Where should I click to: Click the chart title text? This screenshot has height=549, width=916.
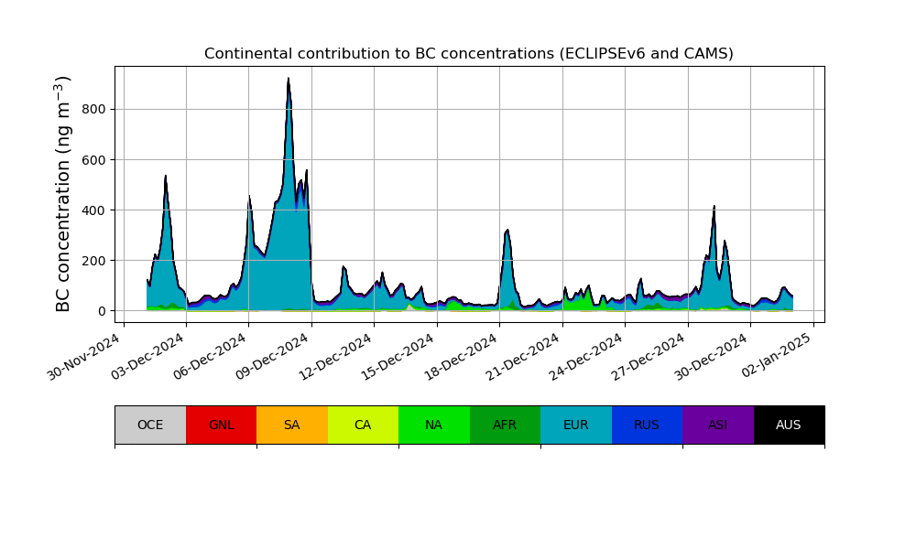pos(468,54)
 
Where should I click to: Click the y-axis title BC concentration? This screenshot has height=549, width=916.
pos(63,194)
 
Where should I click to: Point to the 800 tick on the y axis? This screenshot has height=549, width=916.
pos(94,110)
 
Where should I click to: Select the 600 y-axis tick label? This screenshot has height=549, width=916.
pos(94,160)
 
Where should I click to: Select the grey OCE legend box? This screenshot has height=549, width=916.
pos(150,425)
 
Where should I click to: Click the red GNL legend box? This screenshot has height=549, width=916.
pos(221,425)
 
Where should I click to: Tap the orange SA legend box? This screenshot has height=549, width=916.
pos(292,425)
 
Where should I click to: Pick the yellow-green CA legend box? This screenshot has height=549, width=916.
pos(363,425)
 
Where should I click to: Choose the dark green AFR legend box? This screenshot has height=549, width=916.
pos(505,425)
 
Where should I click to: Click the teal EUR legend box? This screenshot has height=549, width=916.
pos(576,425)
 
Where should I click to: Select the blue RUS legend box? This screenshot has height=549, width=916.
pos(647,425)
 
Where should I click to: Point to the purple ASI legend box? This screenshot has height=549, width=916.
pos(718,425)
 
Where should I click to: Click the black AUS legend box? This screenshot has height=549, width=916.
pos(789,425)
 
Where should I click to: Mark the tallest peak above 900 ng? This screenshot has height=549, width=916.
pos(289,80)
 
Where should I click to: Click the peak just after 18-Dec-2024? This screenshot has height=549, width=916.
pos(507,231)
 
